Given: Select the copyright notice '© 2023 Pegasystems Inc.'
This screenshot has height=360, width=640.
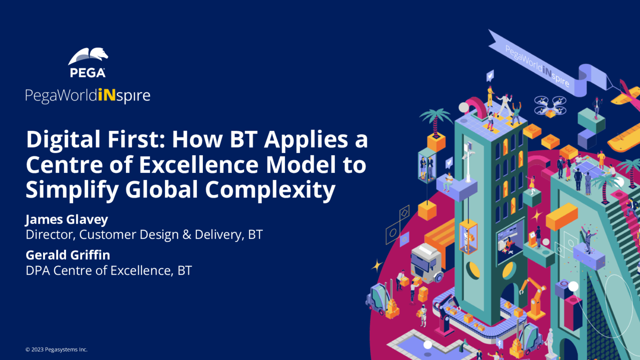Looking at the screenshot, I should tap(56, 350).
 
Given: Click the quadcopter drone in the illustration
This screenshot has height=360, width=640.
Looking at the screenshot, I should tap(550, 106).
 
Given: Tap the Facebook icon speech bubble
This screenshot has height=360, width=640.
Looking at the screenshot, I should tap(499, 345).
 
